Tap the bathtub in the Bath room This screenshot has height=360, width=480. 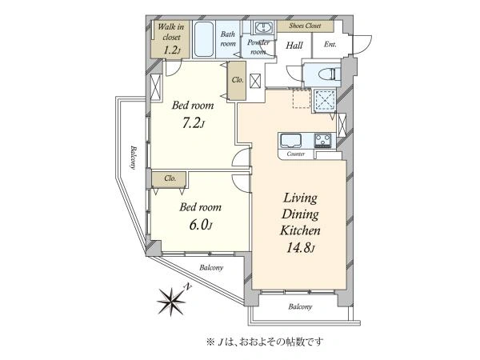click(x=204, y=39)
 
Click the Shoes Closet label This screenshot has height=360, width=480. click(x=305, y=26)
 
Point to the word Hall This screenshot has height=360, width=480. click(x=294, y=46)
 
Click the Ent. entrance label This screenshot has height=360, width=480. click(x=330, y=44)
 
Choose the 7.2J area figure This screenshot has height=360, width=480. click(x=193, y=123)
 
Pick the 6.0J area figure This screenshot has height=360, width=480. click(x=201, y=225)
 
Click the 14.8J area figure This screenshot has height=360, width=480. click(x=300, y=247)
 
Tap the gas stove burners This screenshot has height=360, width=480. click(x=322, y=140)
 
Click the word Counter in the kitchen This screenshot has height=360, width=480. click(x=296, y=154)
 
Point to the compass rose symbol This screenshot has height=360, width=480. click(x=171, y=302)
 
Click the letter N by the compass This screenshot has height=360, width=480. click(x=188, y=286)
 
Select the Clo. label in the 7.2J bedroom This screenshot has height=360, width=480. click(x=238, y=80)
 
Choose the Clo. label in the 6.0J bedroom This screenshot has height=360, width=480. click(x=170, y=178)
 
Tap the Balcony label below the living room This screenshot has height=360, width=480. click(x=300, y=306)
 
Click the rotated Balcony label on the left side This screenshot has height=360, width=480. click(x=133, y=158)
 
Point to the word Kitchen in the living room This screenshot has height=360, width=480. click(x=300, y=230)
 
